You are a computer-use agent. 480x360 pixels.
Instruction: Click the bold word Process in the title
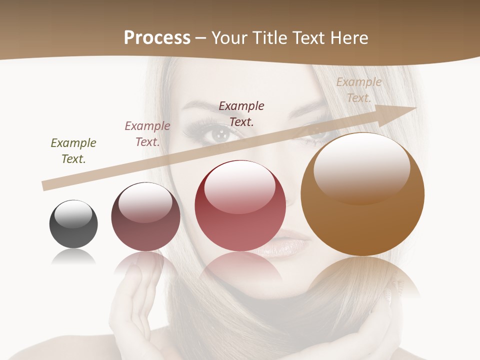tap(157, 38)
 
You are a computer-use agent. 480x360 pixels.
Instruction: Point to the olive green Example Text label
tap(73, 151)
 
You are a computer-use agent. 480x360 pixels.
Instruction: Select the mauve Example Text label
tap(147, 134)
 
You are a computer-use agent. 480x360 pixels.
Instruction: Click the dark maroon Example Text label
tap(241, 113)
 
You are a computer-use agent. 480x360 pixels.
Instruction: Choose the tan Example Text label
tap(358, 90)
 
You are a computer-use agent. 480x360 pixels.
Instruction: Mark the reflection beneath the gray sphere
tap(73, 257)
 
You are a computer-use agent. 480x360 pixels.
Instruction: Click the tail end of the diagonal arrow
tap(46, 185)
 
